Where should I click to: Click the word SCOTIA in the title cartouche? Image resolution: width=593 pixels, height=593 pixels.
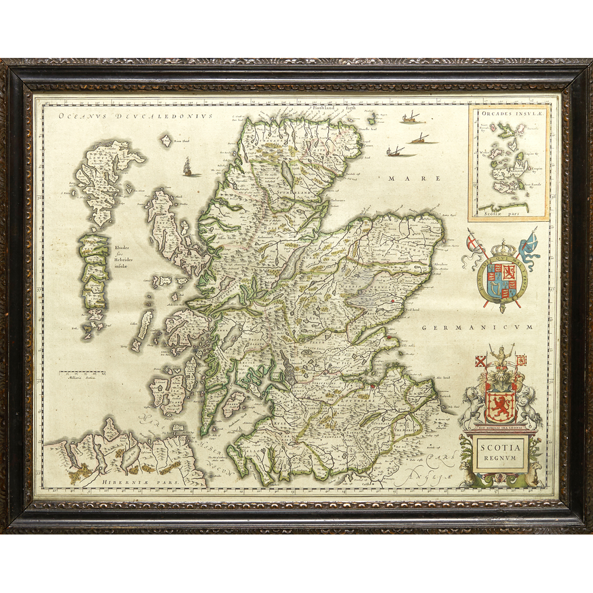[x=501, y=446]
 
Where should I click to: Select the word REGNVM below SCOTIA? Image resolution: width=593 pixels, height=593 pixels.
[x=501, y=457]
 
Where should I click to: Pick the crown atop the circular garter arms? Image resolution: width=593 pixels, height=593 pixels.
[x=502, y=248]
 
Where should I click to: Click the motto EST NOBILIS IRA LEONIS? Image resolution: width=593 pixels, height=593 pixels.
[x=500, y=427]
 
